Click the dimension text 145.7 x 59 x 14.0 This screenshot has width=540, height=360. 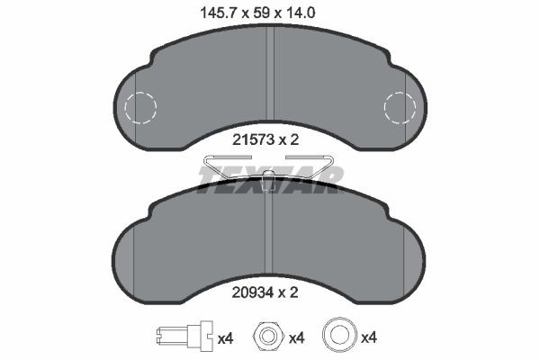click(269, 13)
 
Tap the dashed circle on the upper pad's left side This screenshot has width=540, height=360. click(139, 108)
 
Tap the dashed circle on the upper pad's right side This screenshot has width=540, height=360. click(400, 108)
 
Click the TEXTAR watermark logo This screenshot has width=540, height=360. click(270, 176)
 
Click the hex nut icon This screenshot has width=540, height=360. click(267, 337)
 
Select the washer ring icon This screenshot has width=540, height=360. click(340, 337)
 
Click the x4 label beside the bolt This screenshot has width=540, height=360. click(225, 338)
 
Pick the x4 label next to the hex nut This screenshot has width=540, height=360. click(296, 338)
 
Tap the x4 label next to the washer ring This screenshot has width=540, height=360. click(368, 338)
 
